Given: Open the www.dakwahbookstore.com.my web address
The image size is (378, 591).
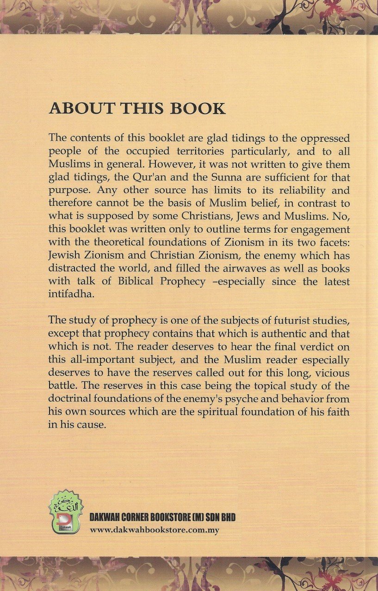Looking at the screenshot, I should tap(155, 530).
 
